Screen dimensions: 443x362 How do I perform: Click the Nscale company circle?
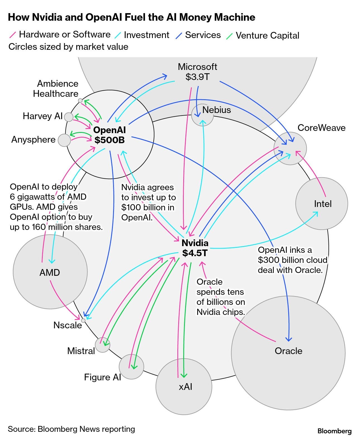click(x=83, y=321)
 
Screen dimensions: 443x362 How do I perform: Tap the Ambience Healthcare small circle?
click(x=80, y=100)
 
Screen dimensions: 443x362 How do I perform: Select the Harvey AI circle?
click(x=68, y=117)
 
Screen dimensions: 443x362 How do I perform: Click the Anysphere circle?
click(x=64, y=140)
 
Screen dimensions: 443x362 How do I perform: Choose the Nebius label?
click(x=216, y=110)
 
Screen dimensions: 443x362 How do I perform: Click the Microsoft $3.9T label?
click(x=197, y=72)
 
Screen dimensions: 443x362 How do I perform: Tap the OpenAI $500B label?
click(x=109, y=135)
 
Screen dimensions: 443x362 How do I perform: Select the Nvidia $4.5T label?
click(x=195, y=248)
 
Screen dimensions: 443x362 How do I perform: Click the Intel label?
click(x=323, y=204)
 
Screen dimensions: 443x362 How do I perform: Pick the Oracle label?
click(x=288, y=351)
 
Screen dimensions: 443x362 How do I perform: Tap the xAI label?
click(x=185, y=387)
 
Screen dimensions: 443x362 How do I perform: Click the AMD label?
click(x=50, y=273)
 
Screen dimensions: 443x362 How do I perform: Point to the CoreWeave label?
click(x=321, y=128)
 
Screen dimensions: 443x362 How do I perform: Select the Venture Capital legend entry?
click(x=267, y=36)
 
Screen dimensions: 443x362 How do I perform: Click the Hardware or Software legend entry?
click(x=65, y=34)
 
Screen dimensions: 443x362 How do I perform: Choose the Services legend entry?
click(x=203, y=35)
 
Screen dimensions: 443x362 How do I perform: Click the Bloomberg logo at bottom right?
click(x=334, y=431)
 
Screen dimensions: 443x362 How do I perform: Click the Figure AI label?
click(x=103, y=377)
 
